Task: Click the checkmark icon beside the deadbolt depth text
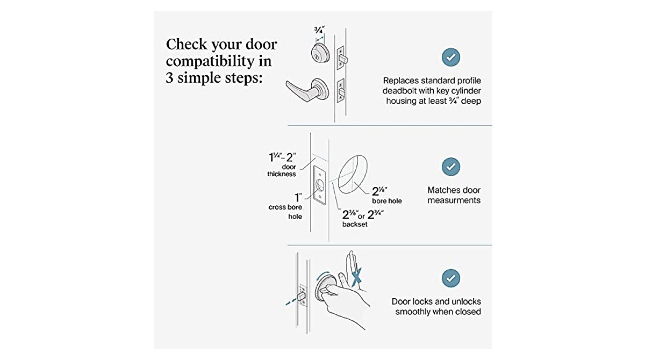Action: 450,56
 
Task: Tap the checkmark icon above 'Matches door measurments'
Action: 450,167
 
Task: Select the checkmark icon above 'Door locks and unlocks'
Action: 450,278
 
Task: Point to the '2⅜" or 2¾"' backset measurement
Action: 363,214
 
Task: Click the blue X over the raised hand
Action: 355,276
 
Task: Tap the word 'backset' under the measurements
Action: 355,225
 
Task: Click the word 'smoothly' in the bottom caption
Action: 415,312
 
